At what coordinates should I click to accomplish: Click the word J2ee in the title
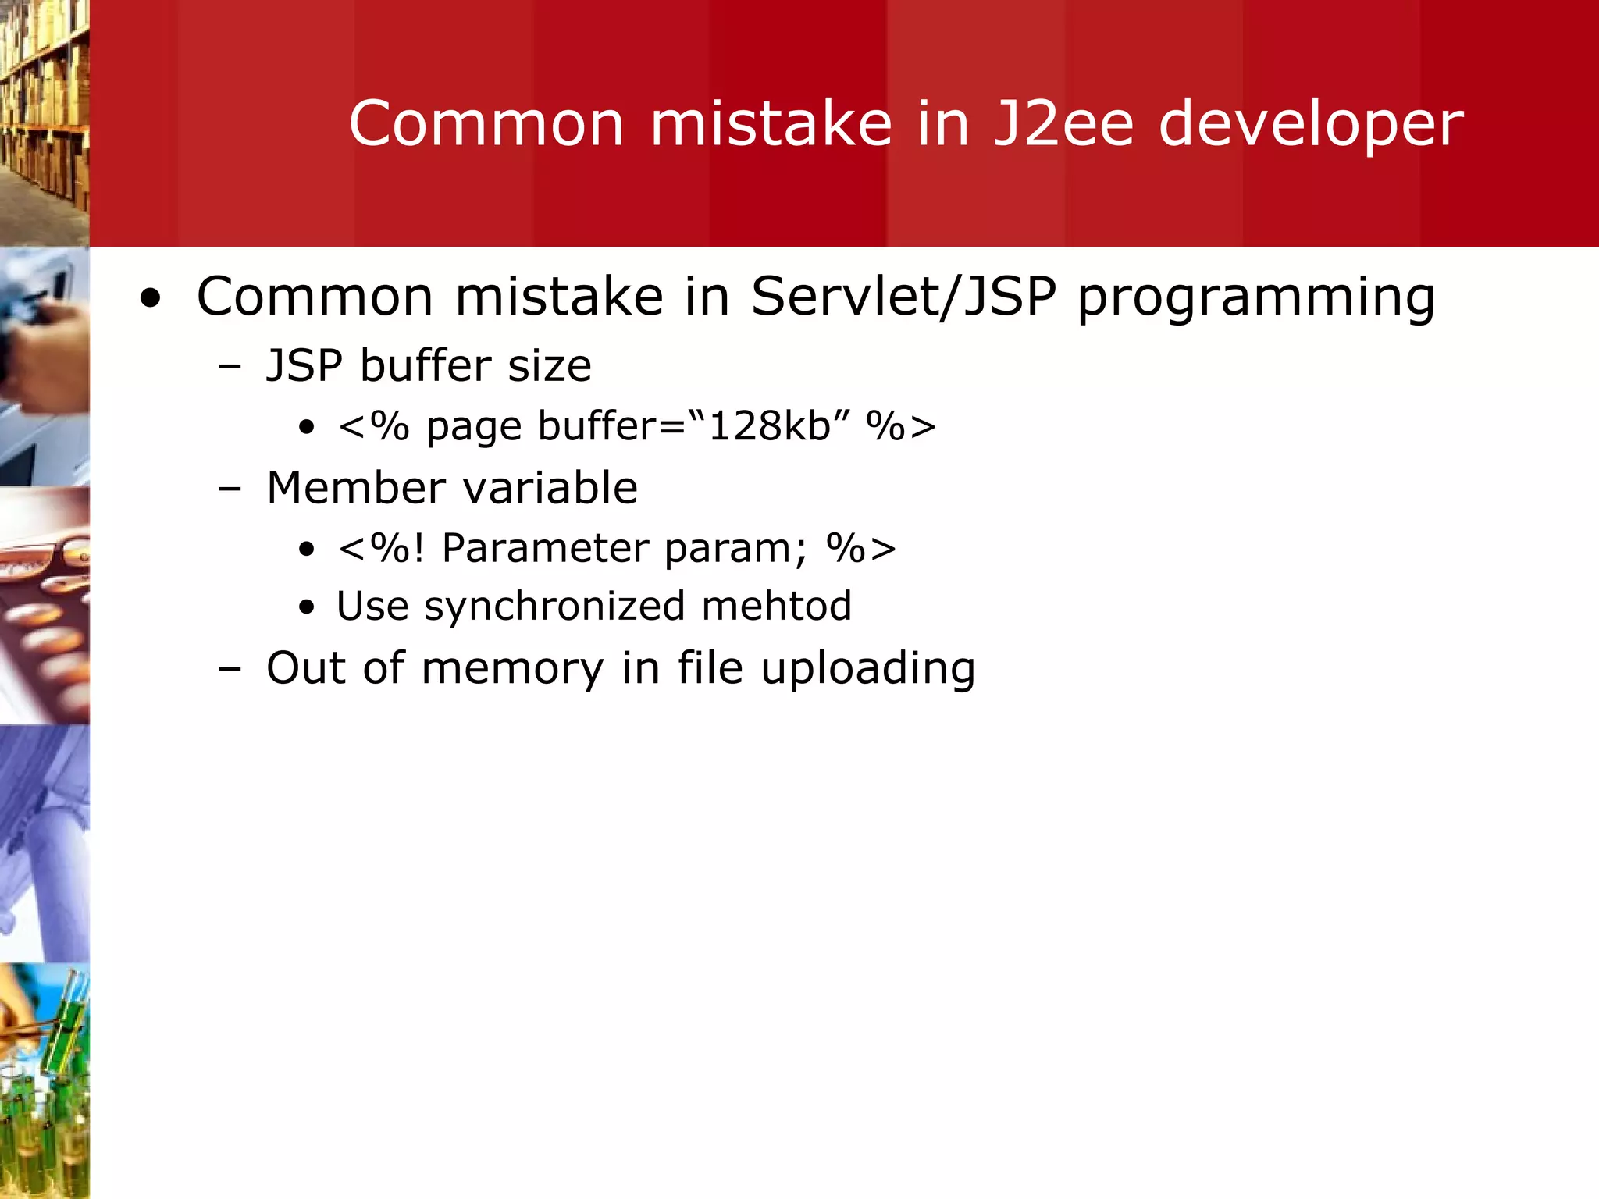1063,123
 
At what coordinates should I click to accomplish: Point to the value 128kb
768,426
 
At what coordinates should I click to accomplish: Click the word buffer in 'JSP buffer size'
426,365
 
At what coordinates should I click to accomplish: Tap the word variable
550,488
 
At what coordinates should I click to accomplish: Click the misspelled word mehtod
776,607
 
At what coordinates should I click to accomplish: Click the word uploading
867,670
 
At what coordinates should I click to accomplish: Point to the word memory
512,670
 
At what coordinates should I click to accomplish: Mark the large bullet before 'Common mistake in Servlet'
151,298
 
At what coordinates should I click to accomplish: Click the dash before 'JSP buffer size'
230,367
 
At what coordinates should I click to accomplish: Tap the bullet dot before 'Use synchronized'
307,608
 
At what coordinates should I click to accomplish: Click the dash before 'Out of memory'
230,669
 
